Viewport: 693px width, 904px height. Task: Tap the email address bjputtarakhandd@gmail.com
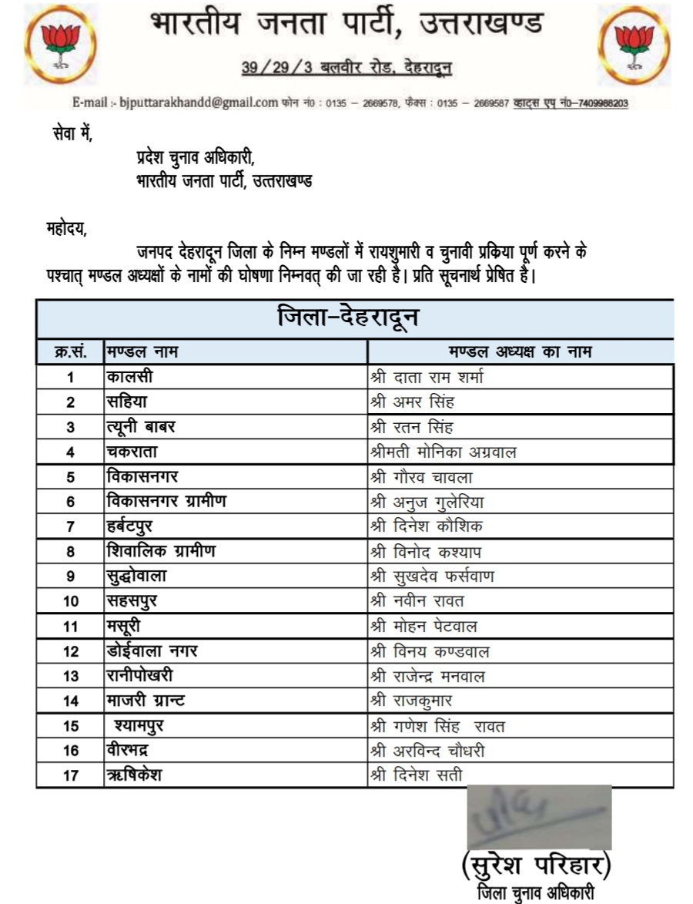(197, 102)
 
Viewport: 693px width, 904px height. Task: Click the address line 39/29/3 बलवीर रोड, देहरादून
(346, 69)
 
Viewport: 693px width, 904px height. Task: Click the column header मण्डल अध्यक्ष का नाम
(521, 352)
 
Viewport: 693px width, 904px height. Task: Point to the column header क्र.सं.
(70, 352)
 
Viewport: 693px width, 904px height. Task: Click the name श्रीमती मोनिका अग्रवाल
(444, 452)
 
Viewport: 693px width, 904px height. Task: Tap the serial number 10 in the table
(71, 602)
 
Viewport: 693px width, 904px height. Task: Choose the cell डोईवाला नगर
(152, 651)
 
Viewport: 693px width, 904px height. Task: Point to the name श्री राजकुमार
(411, 701)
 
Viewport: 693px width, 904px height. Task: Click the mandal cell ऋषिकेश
(134, 775)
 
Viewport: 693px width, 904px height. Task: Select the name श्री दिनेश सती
(417, 775)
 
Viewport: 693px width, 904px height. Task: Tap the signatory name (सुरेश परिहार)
(537, 866)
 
